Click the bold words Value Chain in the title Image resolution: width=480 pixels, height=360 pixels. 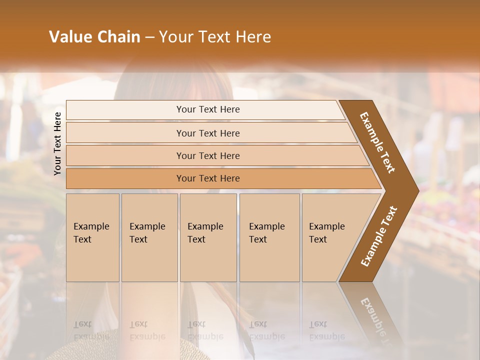point(94,37)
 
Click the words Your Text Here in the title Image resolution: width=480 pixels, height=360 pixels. point(215,37)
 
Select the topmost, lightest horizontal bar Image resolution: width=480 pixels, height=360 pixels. point(125,110)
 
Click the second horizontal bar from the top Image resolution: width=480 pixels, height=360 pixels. point(125,133)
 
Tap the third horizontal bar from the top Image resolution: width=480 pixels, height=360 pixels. point(125,155)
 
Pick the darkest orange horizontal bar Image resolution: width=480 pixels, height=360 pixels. point(125,178)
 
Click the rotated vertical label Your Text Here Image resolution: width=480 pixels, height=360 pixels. point(57,143)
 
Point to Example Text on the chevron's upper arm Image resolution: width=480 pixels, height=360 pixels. point(377,142)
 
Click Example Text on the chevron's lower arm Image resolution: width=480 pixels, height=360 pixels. point(379,236)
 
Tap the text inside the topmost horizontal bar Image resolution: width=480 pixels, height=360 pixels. point(208,109)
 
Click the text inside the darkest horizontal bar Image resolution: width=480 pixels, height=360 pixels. point(208,178)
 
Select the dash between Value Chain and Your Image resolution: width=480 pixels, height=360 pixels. point(149,37)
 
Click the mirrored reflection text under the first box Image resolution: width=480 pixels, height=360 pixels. point(91,330)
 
